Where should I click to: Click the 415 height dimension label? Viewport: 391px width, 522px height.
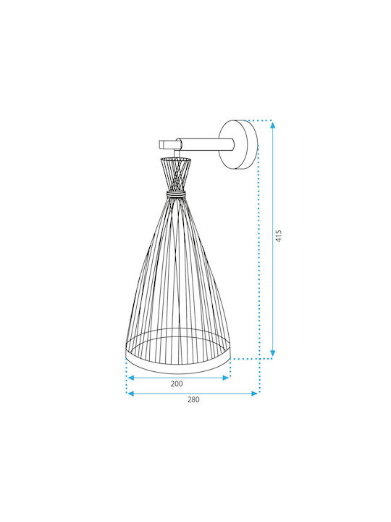(x=279, y=236)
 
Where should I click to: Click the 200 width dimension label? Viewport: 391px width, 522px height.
(x=177, y=384)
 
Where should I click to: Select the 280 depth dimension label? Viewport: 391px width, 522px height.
(x=193, y=399)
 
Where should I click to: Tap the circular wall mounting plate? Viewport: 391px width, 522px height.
(x=238, y=145)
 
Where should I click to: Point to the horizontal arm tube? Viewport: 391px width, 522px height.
(x=206, y=145)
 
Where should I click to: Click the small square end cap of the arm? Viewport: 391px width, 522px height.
(x=164, y=144)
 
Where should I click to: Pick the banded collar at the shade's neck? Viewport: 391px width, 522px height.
(x=175, y=194)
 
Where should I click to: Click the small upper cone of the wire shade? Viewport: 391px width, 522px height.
(x=175, y=174)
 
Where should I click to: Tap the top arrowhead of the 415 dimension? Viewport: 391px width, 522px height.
(x=273, y=125)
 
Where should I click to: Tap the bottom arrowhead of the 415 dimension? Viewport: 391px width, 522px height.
(x=273, y=353)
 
